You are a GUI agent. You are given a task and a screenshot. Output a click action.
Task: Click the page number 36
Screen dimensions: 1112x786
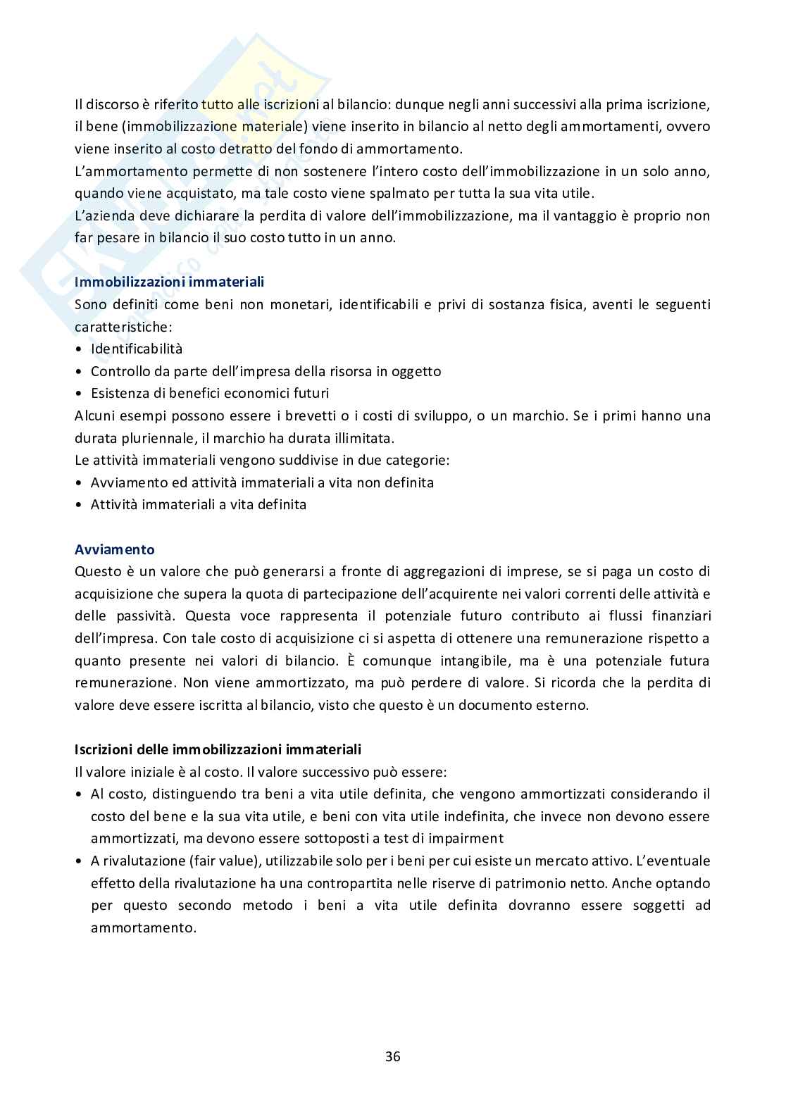(393, 1056)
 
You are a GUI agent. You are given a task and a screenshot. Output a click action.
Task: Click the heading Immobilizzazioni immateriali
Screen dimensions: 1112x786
(169, 282)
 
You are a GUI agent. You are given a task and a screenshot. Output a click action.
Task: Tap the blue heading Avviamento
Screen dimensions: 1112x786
(115, 549)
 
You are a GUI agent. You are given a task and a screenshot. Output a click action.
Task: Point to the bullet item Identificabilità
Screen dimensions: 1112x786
(137, 349)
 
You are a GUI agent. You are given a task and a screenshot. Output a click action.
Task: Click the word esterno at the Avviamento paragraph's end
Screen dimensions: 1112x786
(562, 705)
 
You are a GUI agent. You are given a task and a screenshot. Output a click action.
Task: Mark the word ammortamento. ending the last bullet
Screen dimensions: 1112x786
(144, 927)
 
